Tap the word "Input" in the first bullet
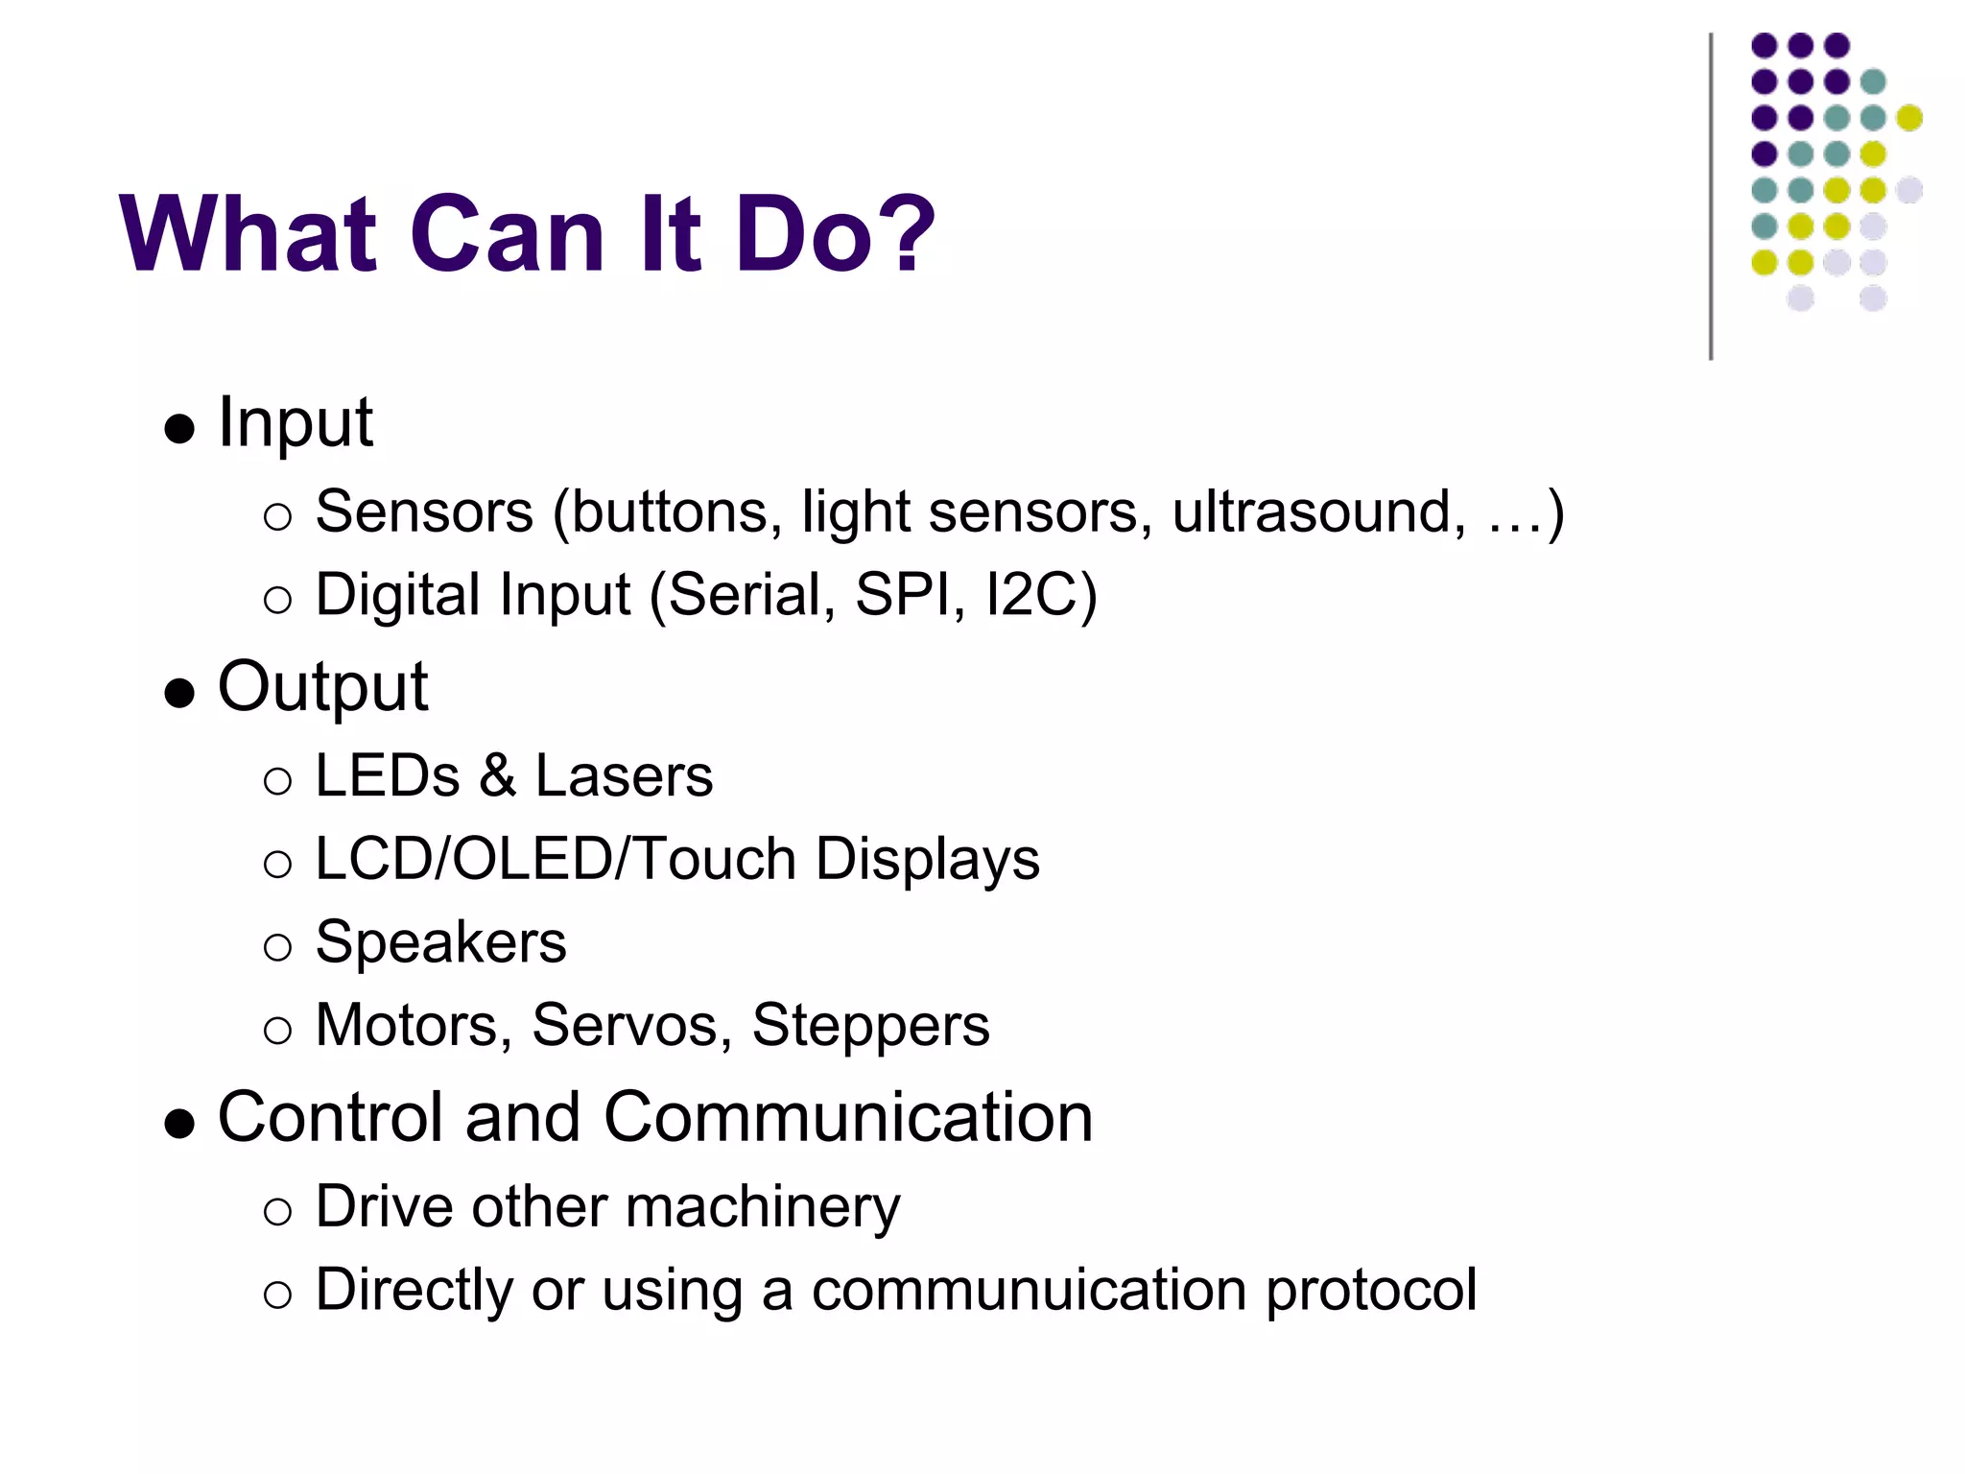(x=295, y=422)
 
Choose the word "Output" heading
(x=322, y=687)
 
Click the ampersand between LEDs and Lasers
(x=498, y=775)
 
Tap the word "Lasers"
(x=624, y=775)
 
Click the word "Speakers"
(x=440, y=942)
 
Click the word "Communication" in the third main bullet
(x=848, y=1117)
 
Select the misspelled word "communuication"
(x=1029, y=1290)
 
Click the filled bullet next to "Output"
(x=179, y=693)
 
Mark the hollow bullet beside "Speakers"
(x=277, y=947)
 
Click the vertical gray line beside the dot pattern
(x=1711, y=197)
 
